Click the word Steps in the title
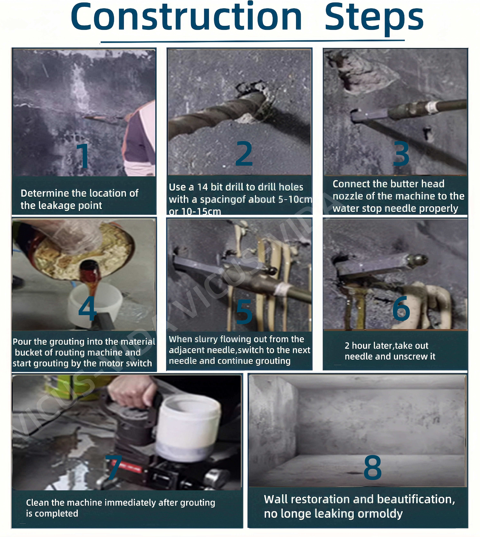(374, 19)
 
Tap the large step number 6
(401, 308)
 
